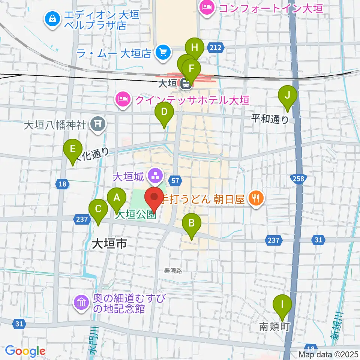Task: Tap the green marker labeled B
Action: (x=191, y=224)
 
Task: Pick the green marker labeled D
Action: (x=164, y=112)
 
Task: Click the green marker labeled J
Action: (x=287, y=96)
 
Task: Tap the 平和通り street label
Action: (x=270, y=119)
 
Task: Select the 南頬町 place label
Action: (x=274, y=327)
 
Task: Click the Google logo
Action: (x=25, y=351)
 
